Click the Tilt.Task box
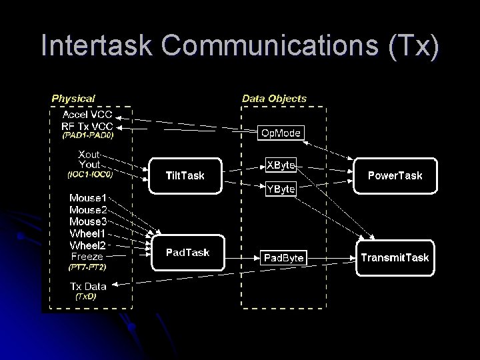coord(185,176)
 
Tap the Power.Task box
coord(395,176)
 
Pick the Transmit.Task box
coord(395,257)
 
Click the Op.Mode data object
coord(281,133)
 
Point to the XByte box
coord(281,164)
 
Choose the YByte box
coord(281,189)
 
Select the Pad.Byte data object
coord(283,257)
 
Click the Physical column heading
coord(73,98)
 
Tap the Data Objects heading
coord(274,98)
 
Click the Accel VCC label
coord(87,113)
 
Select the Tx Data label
coord(88,287)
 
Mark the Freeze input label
coord(87,255)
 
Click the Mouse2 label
coord(87,209)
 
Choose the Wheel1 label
coord(87,233)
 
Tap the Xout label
coord(89,153)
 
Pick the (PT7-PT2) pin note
coord(87,267)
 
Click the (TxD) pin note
coord(85,297)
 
